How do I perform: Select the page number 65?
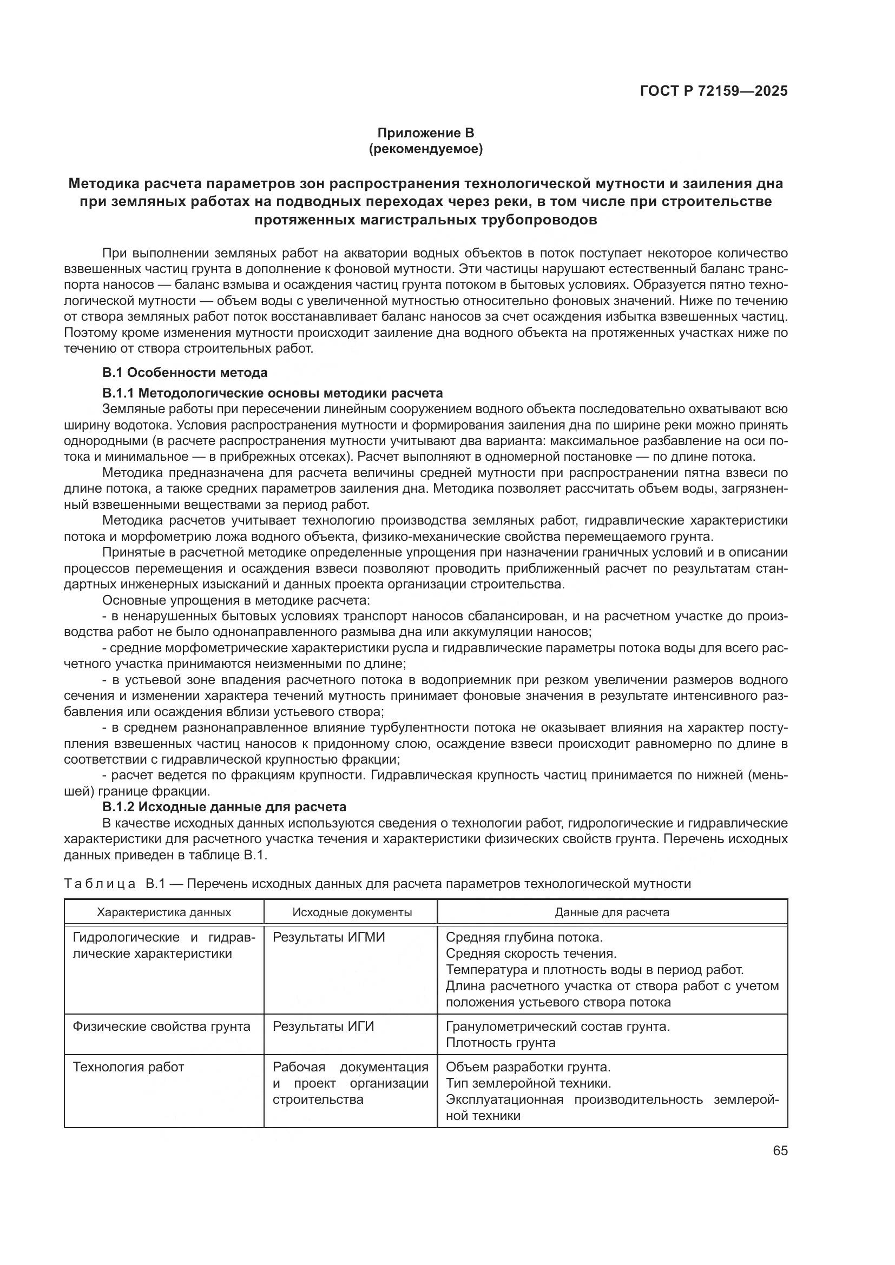click(x=780, y=1151)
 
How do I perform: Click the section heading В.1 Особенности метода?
click(x=185, y=373)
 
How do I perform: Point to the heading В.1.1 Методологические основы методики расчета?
click(x=272, y=393)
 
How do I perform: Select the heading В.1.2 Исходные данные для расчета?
click(x=225, y=806)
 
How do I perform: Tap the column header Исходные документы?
click(x=352, y=912)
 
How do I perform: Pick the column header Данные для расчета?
click(x=612, y=912)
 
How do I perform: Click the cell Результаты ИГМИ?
click(x=328, y=937)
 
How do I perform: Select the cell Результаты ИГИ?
click(x=323, y=1026)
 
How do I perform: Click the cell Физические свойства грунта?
click(x=161, y=1026)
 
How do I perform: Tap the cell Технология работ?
click(x=128, y=1067)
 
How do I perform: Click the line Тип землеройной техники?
click(x=528, y=1083)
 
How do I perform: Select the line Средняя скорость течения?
click(x=531, y=953)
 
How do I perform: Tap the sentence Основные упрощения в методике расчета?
click(x=236, y=600)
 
